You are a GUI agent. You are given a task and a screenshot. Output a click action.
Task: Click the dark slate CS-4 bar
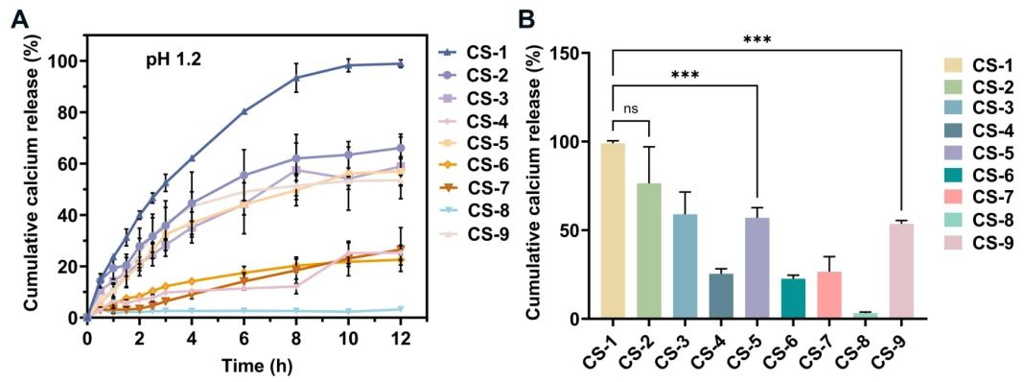721,297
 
